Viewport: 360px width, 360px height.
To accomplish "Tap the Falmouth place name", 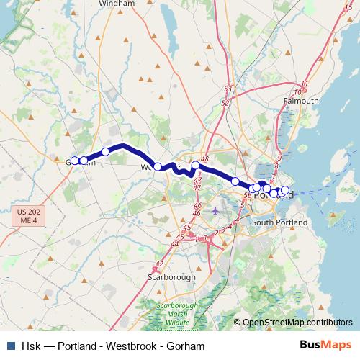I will pos(300,101).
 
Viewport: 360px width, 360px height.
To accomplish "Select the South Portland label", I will pos(279,222).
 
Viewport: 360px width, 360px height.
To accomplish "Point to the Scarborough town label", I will pos(171,276).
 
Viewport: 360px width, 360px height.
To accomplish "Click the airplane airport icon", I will pos(216,211).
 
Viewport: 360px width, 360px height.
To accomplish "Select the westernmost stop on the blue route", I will pos(74,161).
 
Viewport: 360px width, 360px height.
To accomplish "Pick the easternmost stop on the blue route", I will pos(284,190).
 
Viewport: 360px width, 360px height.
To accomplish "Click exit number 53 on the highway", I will pos(228,89).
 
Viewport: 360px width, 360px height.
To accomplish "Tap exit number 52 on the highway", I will pos(225,103).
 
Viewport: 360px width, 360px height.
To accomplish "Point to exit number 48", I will pos(204,159).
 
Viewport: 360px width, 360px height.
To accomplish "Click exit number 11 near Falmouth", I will pos(305,84).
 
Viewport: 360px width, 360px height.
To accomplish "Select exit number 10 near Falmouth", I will pos(298,92).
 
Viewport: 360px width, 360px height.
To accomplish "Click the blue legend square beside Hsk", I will pos(10,346).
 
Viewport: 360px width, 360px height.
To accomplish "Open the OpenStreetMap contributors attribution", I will pos(297,323).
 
